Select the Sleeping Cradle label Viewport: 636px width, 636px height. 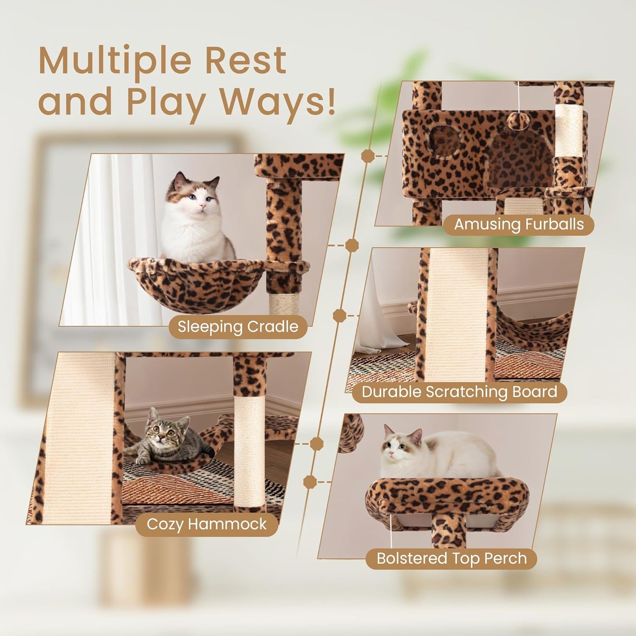tap(238, 327)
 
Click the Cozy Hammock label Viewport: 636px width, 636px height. tap(206, 524)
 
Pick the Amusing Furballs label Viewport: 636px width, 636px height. tap(518, 224)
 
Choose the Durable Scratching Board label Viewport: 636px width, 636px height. tap(459, 392)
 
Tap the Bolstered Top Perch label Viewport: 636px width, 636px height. tap(451, 558)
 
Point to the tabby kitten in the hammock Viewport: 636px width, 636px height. tap(163, 440)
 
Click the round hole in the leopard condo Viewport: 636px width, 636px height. tap(444, 141)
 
